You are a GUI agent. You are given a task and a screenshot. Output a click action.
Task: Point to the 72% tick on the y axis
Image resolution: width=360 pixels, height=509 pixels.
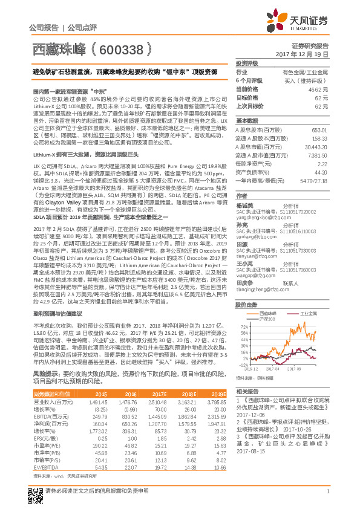(241, 325)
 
